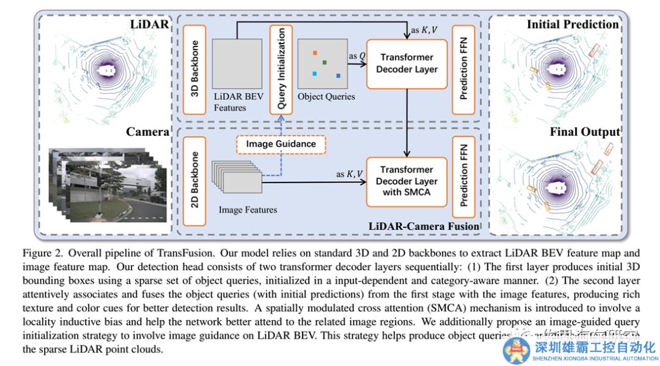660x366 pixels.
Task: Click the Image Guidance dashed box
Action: (x=281, y=144)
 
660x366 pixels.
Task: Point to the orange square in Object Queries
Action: (x=315, y=53)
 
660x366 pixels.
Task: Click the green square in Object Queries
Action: (x=324, y=62)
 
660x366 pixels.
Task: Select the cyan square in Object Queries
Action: (x=314, y=74)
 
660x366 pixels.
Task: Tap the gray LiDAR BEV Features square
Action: (x=237, y=62)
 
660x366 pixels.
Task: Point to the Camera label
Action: (x=147, y=132)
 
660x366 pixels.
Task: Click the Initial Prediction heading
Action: (x=573, y=24)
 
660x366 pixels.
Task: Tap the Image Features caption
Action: (x=248, y=210)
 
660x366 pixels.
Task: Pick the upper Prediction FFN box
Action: (x=463, y=69)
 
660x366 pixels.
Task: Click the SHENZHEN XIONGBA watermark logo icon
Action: (x=517, y=350)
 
